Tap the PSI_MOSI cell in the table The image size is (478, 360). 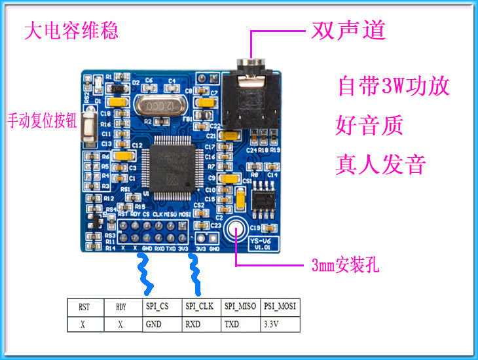click(x=280, y=306)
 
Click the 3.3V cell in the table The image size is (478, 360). click(x=280, y=323)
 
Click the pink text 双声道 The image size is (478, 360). click(x=357, y=30)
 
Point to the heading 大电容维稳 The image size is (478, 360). click(x=71, y=31)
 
